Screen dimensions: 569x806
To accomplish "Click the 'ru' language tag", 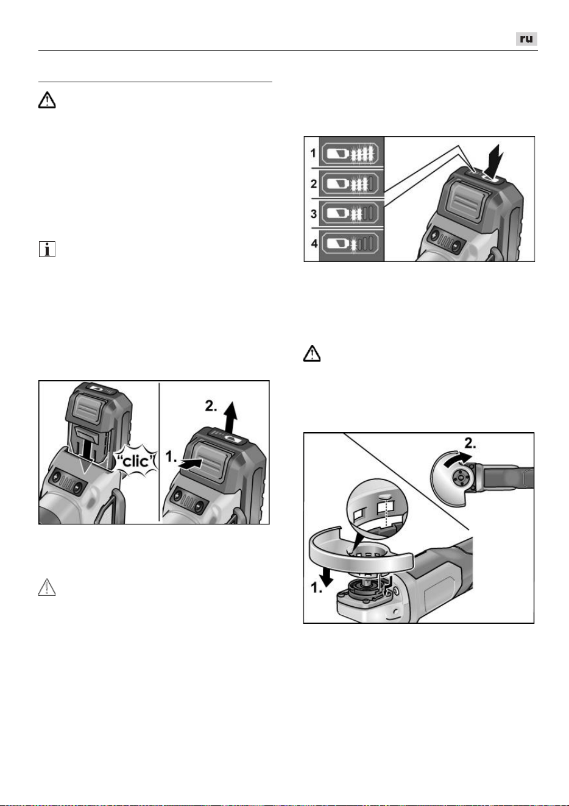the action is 526,39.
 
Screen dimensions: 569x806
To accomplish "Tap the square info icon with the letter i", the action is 47,249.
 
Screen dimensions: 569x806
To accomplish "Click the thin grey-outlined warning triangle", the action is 47,587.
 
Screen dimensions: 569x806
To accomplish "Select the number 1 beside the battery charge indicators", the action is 314,154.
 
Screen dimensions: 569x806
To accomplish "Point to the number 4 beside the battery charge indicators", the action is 314,244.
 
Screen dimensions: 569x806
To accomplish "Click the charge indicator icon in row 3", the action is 350,213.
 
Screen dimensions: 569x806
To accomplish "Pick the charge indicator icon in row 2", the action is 350,183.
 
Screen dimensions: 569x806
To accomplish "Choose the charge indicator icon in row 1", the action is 350,154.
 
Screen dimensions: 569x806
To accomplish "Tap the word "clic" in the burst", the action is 136,461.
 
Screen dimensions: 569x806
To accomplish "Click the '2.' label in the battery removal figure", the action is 211,406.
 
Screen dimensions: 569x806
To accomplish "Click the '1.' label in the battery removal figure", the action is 171,457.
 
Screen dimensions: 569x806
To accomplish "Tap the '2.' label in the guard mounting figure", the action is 470,444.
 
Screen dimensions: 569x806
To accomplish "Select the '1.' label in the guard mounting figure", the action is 316,589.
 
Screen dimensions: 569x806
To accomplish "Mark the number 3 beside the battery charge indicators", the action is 314,213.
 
